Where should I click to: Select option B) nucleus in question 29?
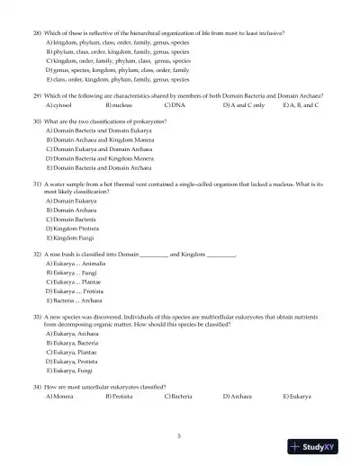coord(118,105)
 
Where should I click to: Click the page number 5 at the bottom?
coord(179,435)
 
